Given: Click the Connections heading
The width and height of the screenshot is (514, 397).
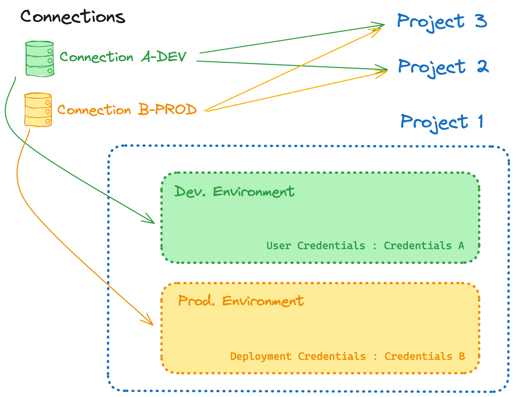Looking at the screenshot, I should click(73, 17).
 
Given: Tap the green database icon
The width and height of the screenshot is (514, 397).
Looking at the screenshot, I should click(40, 59).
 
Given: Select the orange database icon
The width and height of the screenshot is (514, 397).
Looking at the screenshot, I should click(38, 110).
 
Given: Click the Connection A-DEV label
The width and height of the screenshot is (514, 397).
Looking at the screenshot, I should click(123, 57).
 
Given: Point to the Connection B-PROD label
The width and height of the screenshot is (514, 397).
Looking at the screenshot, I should click(127, 110).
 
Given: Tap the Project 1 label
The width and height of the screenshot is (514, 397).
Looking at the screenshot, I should click(442, 122).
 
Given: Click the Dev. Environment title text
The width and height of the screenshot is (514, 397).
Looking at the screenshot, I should click(234, 192).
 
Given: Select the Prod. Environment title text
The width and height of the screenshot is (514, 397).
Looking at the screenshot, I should click(241, 301).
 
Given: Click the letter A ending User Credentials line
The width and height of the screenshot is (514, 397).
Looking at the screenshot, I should click(461, 246).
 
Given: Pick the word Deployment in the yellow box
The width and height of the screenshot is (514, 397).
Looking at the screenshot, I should click(261, 356).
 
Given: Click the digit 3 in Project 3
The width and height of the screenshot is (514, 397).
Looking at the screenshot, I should click(481, 21).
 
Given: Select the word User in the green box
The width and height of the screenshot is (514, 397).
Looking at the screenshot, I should click(279, 246).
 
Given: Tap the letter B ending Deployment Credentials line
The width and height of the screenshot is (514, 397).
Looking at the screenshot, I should click(462, 356).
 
